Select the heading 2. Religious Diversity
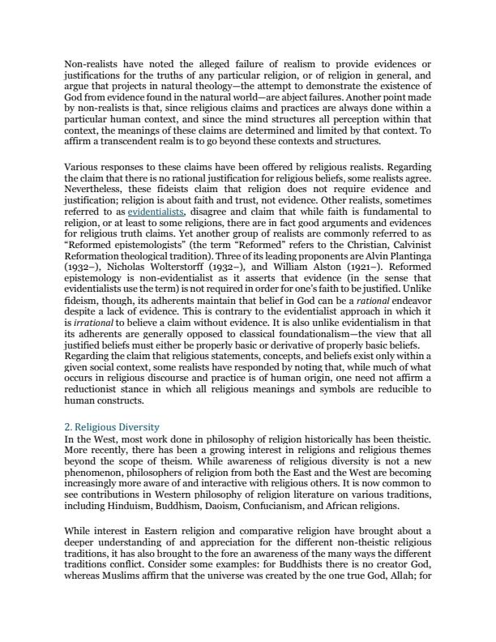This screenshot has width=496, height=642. coord(112,426)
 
